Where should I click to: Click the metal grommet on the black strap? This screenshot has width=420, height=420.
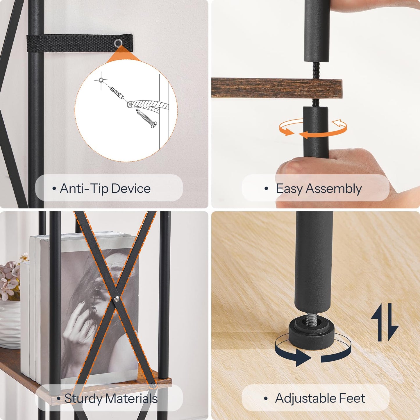118,42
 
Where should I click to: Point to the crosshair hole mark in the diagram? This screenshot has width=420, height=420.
101,80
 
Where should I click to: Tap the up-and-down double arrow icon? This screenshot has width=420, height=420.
385,322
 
